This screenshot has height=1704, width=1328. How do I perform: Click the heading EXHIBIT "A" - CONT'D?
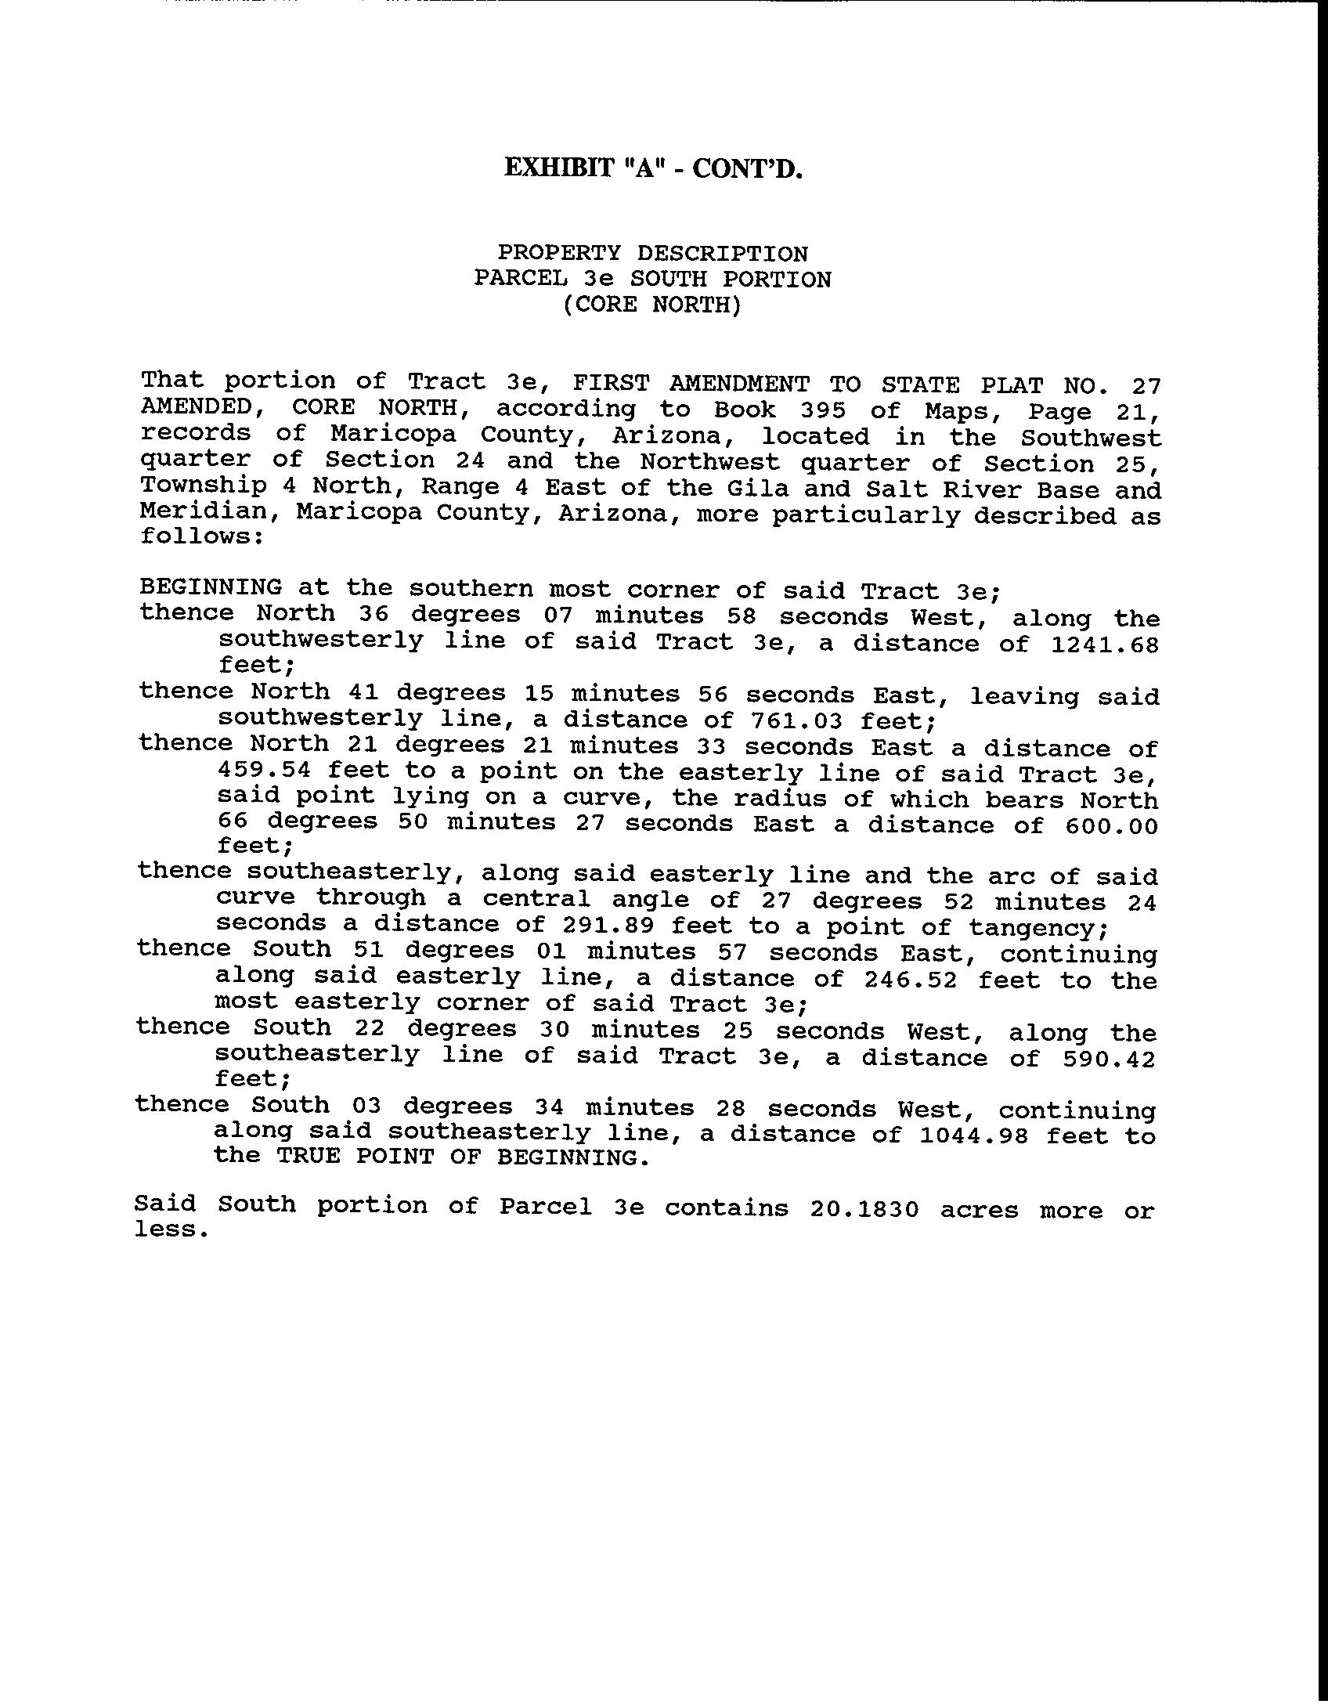click(653, 168)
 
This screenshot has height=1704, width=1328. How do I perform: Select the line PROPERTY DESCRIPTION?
click(652, 254)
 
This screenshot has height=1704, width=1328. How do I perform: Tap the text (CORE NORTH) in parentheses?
click(651, 305)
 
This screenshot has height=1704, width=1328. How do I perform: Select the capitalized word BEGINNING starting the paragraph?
click(211, 587)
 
